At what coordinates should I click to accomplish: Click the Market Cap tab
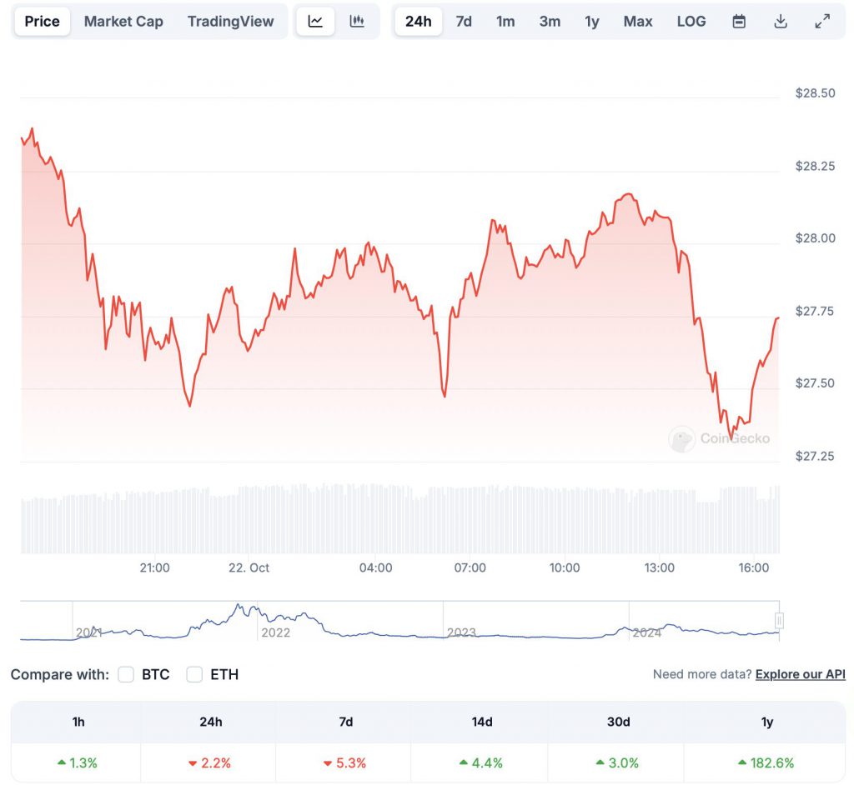[x=123, y=22]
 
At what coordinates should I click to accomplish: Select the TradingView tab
[x=230, y=22]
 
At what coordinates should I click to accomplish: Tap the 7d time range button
[x=464, y=22]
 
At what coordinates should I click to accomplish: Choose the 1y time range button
[x=591, y=22]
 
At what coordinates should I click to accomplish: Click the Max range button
[x=638, y=22]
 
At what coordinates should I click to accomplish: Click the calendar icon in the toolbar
[x=739, y=22]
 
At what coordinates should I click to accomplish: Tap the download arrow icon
[x=781, y=22]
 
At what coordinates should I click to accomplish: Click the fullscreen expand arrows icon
[x=822, y=22]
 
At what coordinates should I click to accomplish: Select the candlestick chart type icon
[x=357, y=22]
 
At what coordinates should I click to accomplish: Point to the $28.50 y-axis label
[x=815, y=93]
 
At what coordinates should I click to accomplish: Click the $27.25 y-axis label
[x=815, y=456]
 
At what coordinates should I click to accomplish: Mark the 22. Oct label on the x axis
[x=249, y=567]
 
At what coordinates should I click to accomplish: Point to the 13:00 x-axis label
[x=659, y=567]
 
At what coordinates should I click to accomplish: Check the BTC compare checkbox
[x=127, y=674]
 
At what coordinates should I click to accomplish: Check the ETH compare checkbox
[x=195, y=674]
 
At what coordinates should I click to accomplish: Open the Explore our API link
[x=800, y=674]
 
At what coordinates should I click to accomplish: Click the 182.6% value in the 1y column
[x=767, y=762]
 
